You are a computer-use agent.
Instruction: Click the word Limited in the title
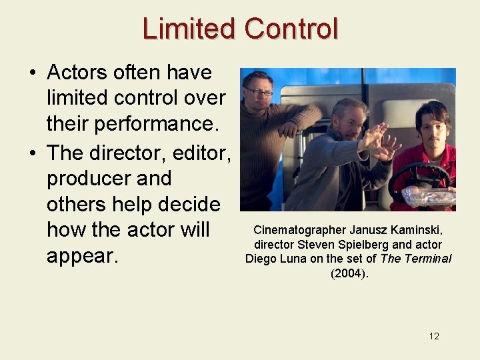pos(189,29)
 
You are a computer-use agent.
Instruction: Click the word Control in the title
pos(291,29)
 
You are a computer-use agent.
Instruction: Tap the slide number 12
pos(434,336)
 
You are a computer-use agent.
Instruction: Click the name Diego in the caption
pos(262,259)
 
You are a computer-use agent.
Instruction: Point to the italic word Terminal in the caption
pos(425,259)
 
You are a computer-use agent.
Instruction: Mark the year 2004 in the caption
pos(349,273)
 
